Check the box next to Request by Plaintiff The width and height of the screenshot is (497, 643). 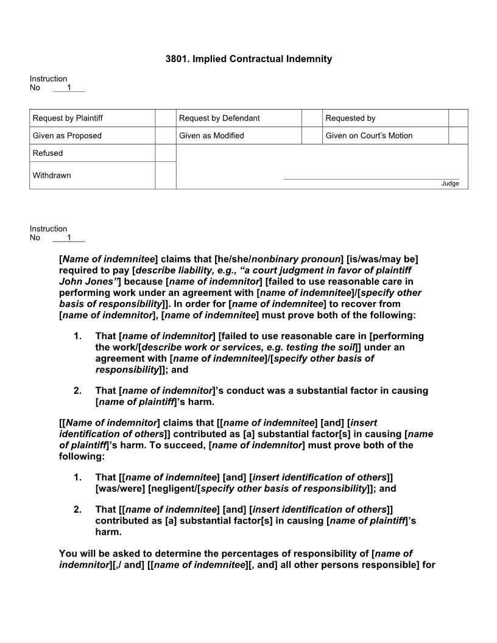165,118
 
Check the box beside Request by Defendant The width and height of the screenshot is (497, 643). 312,118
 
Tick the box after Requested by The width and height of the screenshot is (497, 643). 458,118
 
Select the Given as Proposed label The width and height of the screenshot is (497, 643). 67,136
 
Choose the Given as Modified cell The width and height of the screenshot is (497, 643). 211,136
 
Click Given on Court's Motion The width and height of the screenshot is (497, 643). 369,136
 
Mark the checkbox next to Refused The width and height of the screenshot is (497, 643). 165,153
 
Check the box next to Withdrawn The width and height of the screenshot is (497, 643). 165,175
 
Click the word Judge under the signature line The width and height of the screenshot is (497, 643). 450,183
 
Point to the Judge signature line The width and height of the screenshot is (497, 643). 372,179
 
